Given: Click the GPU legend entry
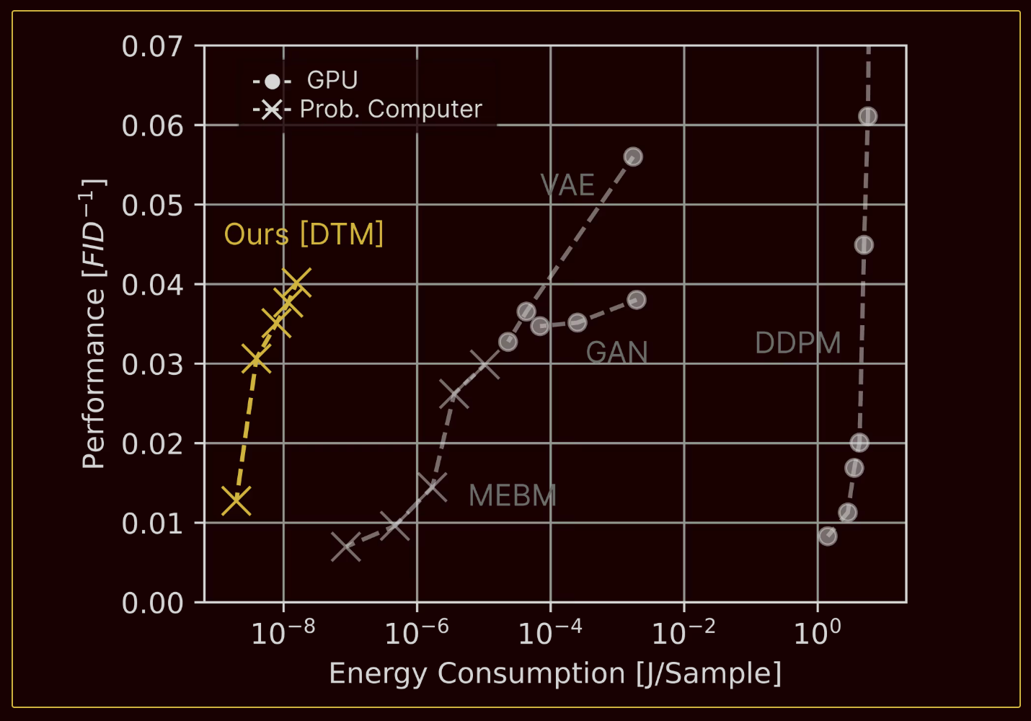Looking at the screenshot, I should [x=306, y=80].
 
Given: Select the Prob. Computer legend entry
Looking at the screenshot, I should [x=368, y=109].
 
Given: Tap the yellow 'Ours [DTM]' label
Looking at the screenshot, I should [x=304, y=234].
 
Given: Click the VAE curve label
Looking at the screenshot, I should [x=567, y=185].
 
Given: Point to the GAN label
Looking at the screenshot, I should [x=616, y=353].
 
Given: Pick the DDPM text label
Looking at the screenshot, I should [x=797, y=343].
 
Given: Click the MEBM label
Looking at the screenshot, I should [x=512, y=496].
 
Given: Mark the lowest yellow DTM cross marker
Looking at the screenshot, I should [x=236, y=500].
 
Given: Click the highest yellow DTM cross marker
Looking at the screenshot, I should [x=296, y=283].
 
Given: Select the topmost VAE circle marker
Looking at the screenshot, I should [x=633, y=156].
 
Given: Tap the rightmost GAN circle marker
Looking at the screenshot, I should [x=636, y=300].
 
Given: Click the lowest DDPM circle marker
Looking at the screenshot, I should [x=828, y=536].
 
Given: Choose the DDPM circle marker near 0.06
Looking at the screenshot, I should [x=867, y=116].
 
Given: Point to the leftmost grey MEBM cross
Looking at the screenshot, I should [x=345, y=547].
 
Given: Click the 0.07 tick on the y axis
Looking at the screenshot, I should [x=151, y=47].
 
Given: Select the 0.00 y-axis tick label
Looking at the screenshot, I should [x=151, y=603].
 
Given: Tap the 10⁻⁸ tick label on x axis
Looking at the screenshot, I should [x=283, y=633].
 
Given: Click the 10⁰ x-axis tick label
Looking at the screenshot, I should [x=817, y=633].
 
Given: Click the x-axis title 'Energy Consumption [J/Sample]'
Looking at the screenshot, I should [x=555, y=673].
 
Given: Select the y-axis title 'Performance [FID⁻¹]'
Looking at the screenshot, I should [x=94, y=324].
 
